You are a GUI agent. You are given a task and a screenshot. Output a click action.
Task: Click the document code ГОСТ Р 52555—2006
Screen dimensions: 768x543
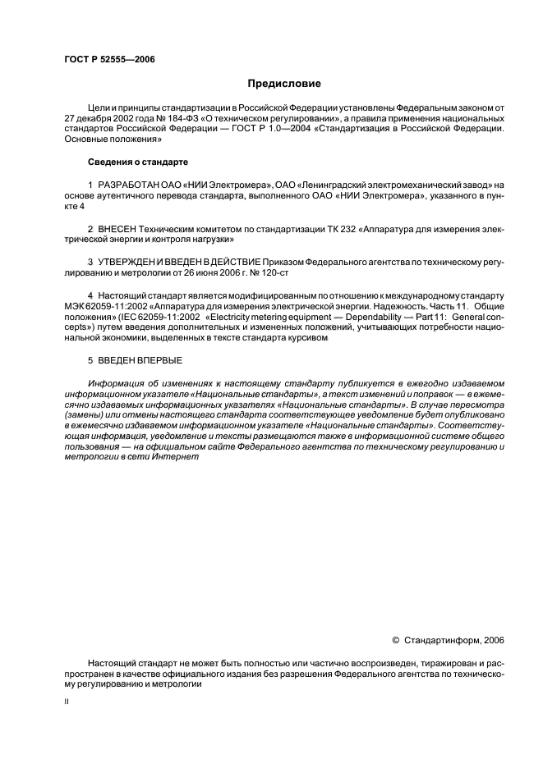[x=109, y=59]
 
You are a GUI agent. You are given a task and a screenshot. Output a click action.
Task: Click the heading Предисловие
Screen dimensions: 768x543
[x=284, y=84]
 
